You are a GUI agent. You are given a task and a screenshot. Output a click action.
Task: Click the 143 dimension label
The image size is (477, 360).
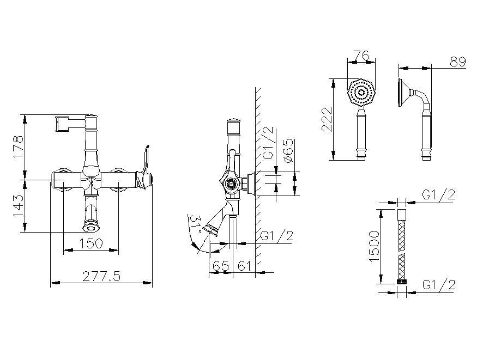[18, 206]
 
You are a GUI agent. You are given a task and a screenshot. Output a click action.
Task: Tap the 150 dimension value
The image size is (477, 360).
[91, 243]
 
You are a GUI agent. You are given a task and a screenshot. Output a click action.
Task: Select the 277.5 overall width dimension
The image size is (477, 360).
[101, 276]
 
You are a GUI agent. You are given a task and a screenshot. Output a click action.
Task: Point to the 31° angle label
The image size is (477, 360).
[195, 224]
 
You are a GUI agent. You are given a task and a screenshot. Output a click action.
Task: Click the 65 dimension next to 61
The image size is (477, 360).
[221, 266]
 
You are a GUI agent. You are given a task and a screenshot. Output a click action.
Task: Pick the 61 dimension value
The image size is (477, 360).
[244, 266]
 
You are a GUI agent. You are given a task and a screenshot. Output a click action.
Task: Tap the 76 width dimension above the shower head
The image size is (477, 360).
[362, 56]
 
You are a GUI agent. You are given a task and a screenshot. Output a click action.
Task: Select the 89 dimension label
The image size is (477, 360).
[458, 62]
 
